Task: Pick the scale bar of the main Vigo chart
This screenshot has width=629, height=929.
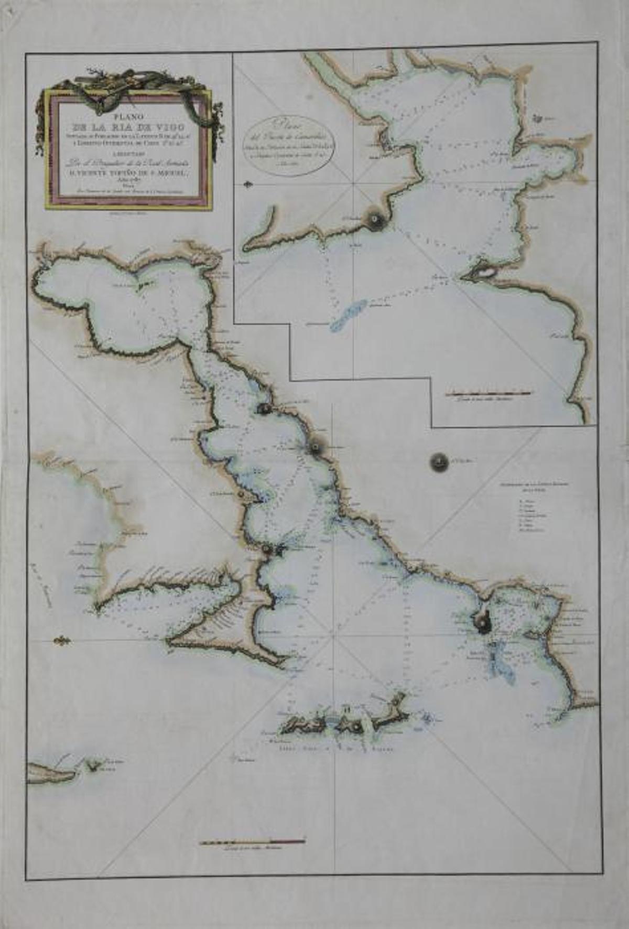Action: [252, 842]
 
